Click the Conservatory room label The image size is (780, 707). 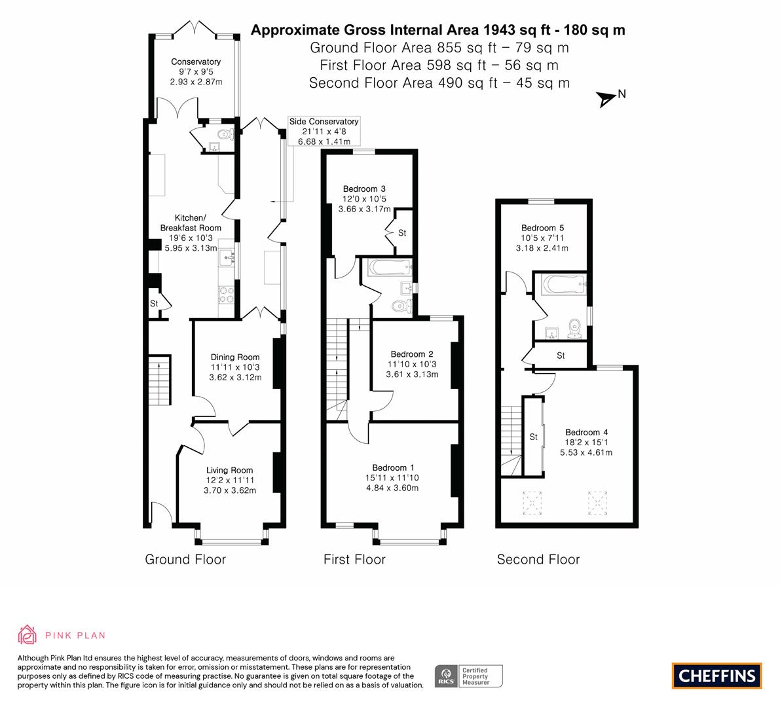point(196,62)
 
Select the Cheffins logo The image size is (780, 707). point(717,676)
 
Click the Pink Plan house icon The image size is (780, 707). point(28,634)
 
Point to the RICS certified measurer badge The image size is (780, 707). point(469,676)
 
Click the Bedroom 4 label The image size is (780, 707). point(587,432)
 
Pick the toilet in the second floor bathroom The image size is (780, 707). point(575,329)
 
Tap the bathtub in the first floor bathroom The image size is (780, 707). point(390,268)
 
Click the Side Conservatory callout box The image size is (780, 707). point(324,132)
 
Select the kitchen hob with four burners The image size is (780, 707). point(227,295)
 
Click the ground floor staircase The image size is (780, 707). point(160,380)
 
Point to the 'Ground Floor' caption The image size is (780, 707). point(185,559)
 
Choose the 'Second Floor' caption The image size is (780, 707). point(538,559)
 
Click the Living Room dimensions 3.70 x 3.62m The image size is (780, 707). point(230,490)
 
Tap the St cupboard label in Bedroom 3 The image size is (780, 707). point(402,232)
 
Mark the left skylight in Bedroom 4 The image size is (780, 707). point(532,502)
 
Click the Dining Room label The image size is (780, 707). point(235,357)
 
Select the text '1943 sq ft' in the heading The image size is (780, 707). point(517,30)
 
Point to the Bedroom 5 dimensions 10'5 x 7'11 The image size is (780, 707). point(542,238)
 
